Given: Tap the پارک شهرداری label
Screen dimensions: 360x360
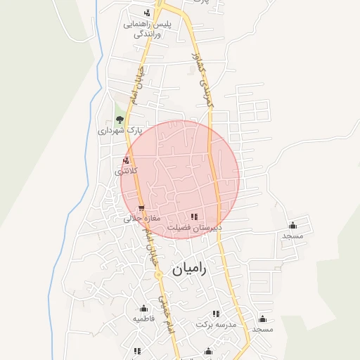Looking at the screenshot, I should [x=120, y=130].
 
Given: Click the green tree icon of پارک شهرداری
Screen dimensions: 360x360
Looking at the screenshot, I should [x=120, y=120].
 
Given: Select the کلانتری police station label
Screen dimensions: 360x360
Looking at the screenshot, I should [x=127, y=171].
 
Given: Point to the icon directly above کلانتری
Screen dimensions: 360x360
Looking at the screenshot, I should [x=126, y=161].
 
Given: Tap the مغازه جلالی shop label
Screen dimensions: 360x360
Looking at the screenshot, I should [x=143, y=218].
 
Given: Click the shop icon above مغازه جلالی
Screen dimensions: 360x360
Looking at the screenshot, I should [x=142, y=208].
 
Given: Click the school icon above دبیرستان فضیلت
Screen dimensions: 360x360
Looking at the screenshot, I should [x=195, y=217].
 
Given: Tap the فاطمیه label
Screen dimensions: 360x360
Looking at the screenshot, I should [x=143, y=319].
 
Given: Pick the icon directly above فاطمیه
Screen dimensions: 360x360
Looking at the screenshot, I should [x=144, y=308].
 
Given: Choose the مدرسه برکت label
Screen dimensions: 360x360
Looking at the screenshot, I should [x=217, y=325].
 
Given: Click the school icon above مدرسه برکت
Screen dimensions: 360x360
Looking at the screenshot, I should [x=217, y=314].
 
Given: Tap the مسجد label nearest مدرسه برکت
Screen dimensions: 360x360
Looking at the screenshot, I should [x=262, y=329].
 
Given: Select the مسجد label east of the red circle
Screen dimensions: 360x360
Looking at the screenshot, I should [x=292, y=236].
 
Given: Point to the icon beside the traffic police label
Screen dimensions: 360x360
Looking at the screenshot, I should [x=146, y=13].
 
